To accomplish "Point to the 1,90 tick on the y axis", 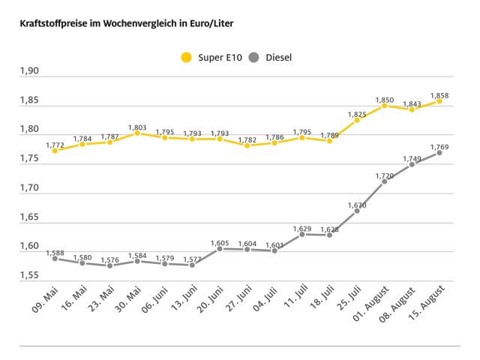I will [x=28, y=71].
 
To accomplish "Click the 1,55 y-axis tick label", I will [x=28, y=275].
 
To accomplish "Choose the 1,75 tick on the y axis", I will [x=28, y=158].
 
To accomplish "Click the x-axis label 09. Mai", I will [x=46, y=302].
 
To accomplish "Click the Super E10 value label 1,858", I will [x=439, y=95].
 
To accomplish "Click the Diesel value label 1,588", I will [x=55, y=253].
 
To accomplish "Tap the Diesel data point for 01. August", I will [x=385, y=181].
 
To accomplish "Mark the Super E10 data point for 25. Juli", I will [x=357, y=120].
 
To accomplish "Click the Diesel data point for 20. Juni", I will [x=220, y=249].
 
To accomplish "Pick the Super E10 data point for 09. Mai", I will [x=55, y=150].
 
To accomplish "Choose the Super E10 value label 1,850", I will [x=385, y=100].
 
